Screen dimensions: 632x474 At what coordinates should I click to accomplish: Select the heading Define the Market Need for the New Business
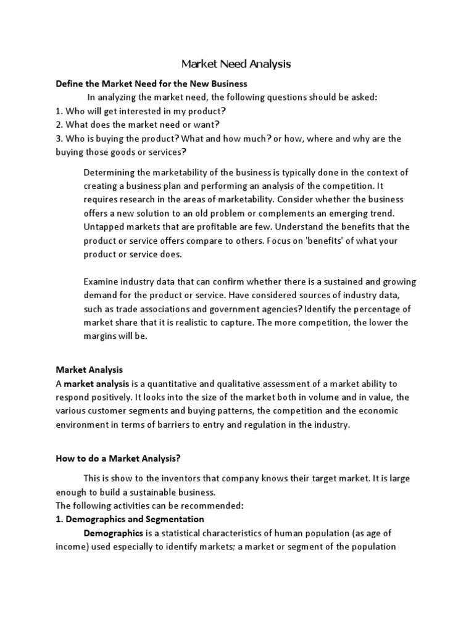tap(151, 83)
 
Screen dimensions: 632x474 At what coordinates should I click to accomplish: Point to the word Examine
tap(101, 281)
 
